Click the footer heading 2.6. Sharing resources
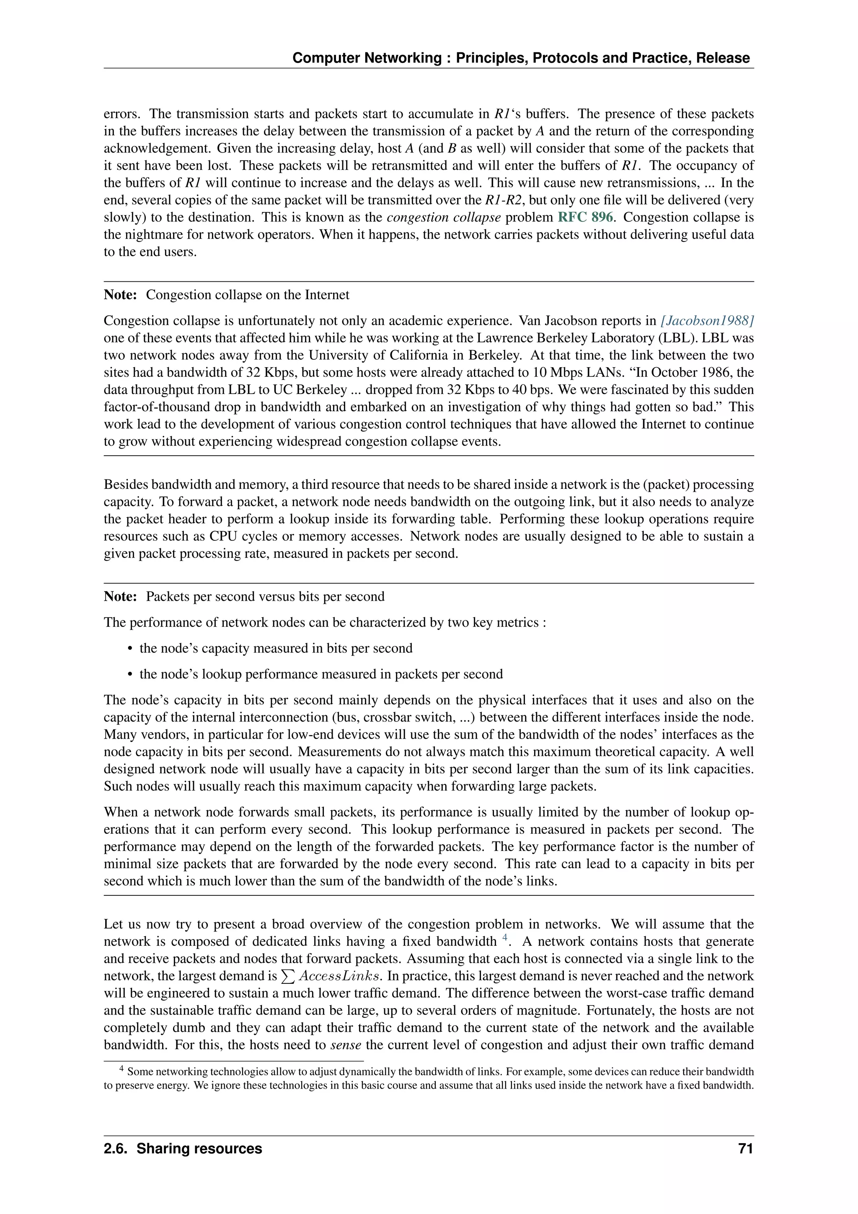pyautogui.click(x=183, y=1149)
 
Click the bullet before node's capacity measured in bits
pyautogui.click(x=130, y=649)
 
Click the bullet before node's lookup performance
pyautogui.click(x=130, y=674)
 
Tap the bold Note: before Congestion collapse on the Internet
pyautogui.click(x=121, y=295)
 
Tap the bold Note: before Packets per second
pyautogui.click(x=121, y=597)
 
